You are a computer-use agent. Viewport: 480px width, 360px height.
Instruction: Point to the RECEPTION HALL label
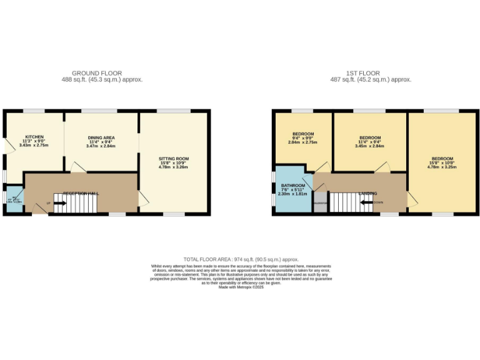click(81, 194)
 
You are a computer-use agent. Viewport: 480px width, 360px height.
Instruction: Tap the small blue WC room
click(13, 200)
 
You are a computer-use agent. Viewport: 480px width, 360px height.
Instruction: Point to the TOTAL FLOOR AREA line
click(240, 259)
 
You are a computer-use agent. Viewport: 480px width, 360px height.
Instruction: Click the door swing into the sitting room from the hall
click(144, 198)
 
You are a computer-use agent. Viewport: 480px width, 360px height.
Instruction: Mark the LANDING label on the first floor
click(367, 194)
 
